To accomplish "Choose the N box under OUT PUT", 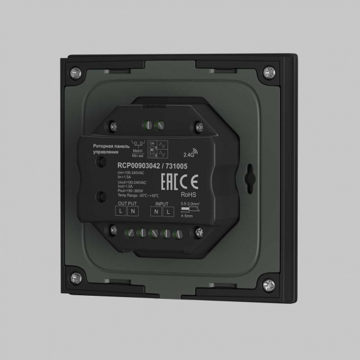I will coord(133,211).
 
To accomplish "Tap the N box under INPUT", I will coord(156,211).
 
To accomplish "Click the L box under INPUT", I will coord(169,211).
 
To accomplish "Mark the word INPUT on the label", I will coord(162,204).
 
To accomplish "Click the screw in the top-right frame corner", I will coord(270,75).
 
